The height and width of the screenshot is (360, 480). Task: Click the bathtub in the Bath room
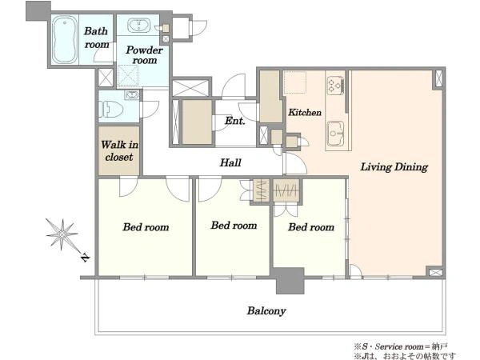tap(64, 39)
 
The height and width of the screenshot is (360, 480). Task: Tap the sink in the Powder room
tap(138, 25)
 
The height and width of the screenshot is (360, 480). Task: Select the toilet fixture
tap(111, 109)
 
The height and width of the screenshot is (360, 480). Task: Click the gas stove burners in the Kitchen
tap(335, 85)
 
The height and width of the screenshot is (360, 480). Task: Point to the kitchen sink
tap(336, 134)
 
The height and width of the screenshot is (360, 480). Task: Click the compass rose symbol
tap(62, 234)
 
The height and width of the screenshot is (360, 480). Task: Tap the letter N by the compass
tap(85, 258)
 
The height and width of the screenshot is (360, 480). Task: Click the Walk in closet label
tap(119, 150)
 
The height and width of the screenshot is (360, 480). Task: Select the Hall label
tap(230, 162)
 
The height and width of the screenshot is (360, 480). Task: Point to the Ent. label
tap(234, 121)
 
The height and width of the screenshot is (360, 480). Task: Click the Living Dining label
tap(394, 167)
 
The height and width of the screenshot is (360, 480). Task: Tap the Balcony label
tap(266, 310)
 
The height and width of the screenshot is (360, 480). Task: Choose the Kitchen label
tap(305, 112)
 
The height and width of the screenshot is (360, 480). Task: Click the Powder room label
tap(144, 54)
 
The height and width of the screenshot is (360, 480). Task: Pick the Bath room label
tap(97, 38)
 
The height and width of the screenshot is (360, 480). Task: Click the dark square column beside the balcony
tap(290, 281)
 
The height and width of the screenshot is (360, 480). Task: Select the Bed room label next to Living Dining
tap(311, 227)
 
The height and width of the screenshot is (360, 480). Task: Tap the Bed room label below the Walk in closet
tap(146, 227)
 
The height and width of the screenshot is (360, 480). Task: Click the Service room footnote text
tap(401, 347)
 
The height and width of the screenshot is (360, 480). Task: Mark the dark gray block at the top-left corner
tap(38, 11)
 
